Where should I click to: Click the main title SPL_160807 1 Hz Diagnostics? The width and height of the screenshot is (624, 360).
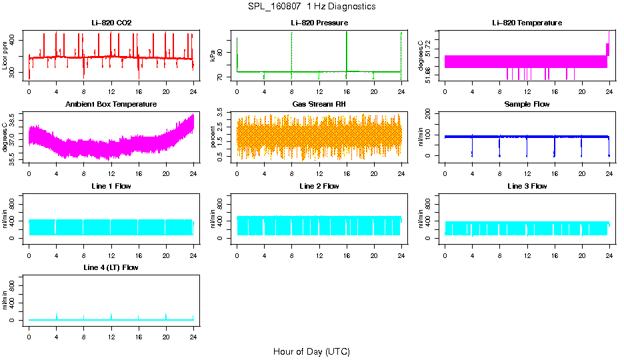tap(311, 6)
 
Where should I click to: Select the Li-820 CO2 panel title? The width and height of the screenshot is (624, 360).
tap(111, 23)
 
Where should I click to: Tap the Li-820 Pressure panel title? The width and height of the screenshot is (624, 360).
tap(319, 23)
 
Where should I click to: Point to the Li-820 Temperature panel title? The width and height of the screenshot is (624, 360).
tap(527, 23)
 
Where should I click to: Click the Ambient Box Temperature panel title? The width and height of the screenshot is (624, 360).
tap(111, 104)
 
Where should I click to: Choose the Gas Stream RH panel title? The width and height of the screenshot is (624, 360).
tap(319, 104)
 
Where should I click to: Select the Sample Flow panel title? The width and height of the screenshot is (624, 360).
tap(527, 104)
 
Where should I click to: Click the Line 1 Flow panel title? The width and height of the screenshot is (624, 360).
tap(111, 186)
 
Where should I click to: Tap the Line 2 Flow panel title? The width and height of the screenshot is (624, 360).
tap(319, 186)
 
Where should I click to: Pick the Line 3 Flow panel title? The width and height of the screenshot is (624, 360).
tap(527, 186)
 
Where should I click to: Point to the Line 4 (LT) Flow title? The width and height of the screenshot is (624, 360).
tap(111, 267)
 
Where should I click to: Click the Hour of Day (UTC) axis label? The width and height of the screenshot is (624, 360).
tap(311, 351)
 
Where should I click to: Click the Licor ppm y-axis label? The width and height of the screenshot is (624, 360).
tap(5, 56)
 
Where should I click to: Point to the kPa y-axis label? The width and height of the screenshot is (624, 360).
tap(213, 56)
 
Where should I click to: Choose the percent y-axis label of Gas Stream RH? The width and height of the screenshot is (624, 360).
tap(213, 137)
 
